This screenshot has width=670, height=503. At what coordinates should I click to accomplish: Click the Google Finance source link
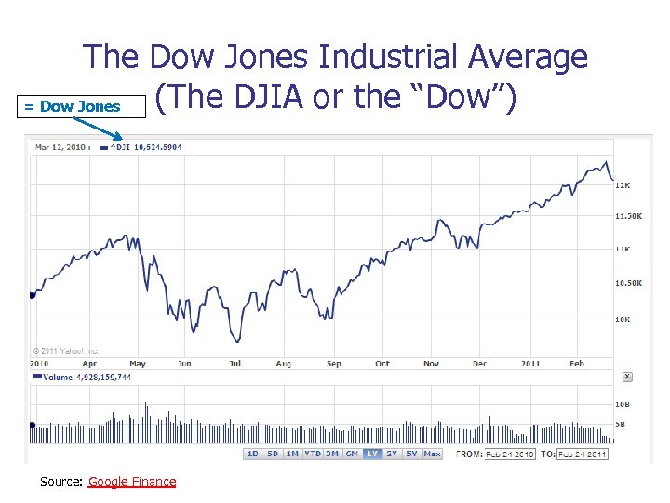point(131,482)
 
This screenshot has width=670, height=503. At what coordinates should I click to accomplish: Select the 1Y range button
point(372,454)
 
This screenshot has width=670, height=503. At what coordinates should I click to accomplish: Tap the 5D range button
point(273,454)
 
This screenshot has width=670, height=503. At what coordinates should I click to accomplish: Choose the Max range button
point(432,454)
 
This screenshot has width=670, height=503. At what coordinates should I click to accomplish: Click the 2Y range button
point(393,454)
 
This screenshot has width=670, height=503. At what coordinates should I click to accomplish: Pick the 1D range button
point(252,454)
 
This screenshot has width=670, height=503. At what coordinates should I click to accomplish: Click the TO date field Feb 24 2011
point(583,454)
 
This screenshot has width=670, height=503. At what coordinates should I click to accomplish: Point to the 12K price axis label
point(623,185)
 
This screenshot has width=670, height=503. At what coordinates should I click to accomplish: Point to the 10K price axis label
point(623,319)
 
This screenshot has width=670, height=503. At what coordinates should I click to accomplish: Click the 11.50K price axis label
point(629,216)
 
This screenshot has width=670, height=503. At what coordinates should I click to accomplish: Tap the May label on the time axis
point(138,363)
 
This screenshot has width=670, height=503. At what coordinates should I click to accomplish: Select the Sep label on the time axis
point(334,363)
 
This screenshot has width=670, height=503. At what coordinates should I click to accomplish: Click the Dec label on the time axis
point(480,363)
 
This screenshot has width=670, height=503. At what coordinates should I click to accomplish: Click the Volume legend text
point(84,377)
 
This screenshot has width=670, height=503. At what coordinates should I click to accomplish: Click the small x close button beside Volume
point(626,376)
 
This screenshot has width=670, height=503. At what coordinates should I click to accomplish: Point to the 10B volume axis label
point(623,404)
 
